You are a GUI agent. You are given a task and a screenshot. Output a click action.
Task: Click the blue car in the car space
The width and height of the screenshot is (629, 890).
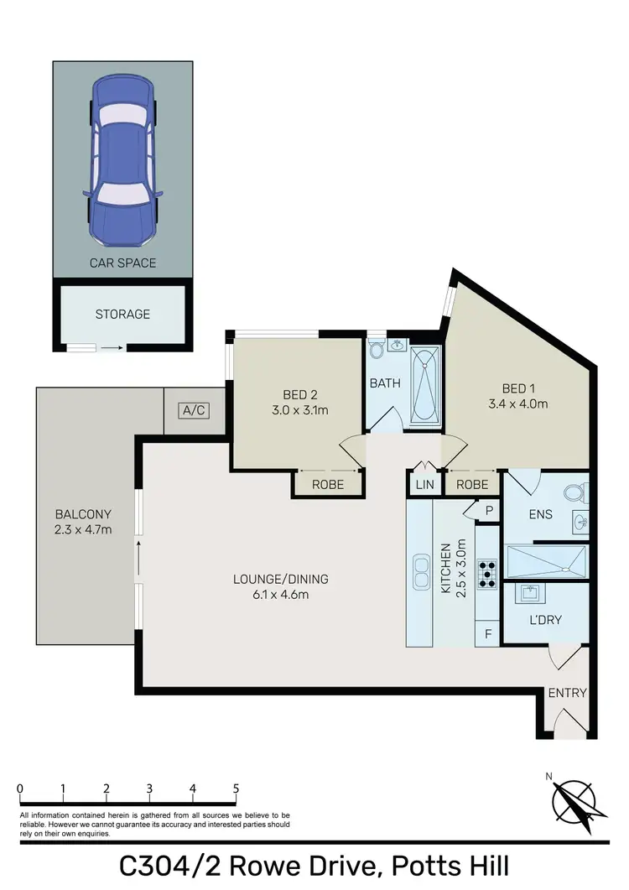tap(123, 159)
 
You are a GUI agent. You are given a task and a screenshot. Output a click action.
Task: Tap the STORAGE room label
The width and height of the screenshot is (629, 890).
tap(122, 315)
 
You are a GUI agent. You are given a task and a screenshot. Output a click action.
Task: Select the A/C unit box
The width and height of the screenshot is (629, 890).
tap(193, 410)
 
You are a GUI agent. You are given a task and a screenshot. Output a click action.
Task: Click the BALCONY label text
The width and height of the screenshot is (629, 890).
tap(83, 514)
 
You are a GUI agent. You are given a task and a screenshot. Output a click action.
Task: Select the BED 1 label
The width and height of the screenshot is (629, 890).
tap(518, 388)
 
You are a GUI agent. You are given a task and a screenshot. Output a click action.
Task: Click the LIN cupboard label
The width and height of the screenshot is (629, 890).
tap(423, 484)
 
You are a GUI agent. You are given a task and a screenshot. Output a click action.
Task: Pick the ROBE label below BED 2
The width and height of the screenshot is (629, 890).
tap(328, 484)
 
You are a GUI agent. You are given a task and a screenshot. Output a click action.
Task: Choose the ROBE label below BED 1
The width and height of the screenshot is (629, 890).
tap(471, 484)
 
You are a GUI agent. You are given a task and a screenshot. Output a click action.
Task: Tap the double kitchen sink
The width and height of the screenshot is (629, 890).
tap(420, 574)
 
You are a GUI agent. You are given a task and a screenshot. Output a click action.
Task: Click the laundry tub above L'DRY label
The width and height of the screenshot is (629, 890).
tap(530, 594)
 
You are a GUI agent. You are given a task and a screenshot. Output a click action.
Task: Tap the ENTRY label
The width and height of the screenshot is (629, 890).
tap(567, 693)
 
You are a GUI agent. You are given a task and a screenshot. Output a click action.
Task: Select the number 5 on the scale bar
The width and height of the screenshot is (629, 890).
tap(236, 788)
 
